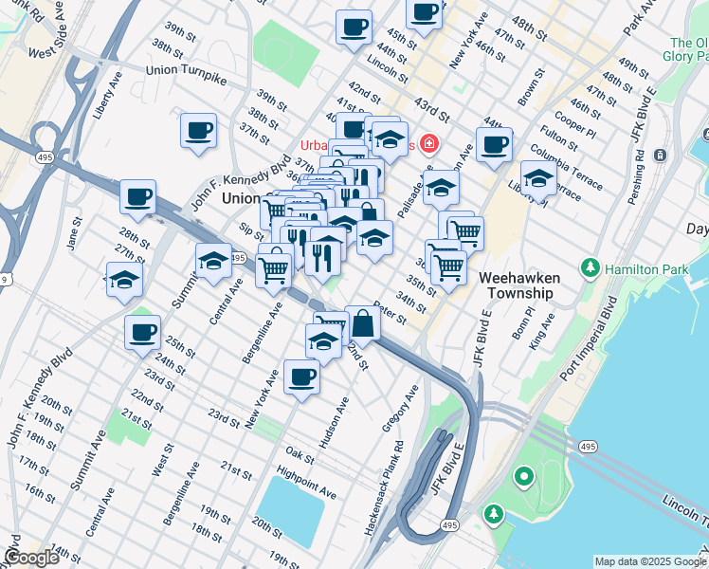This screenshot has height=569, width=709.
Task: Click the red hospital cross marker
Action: click(429, 144)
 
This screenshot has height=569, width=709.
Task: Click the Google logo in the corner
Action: click(31, 558)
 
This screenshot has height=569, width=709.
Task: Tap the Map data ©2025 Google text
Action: click(650, 561)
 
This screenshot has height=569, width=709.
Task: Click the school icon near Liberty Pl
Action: click(538, 178)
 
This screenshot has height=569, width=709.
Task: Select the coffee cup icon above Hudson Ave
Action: click(301, 376)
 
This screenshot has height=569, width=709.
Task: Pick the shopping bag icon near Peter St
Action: click(363, 322)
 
